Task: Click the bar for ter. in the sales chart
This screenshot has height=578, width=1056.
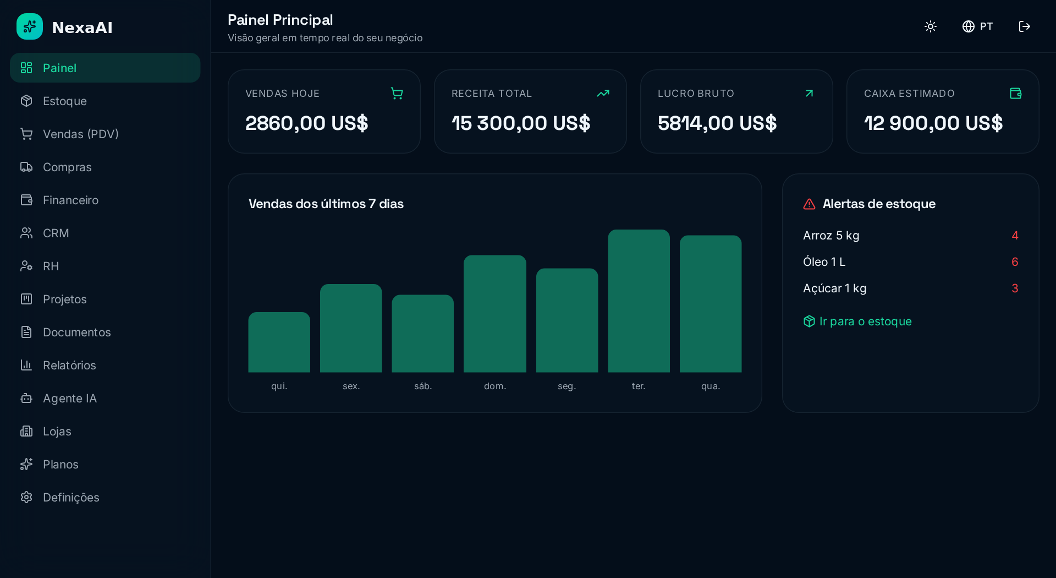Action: pos(639,301)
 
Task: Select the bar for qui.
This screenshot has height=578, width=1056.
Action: pos(279,342)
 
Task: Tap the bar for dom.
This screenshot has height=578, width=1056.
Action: pos(494,313)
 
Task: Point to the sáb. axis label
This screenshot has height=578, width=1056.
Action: pos(423,386)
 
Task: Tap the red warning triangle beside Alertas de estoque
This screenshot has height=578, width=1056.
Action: pos(809,204)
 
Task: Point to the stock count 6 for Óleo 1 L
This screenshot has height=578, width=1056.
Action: pos(1015,262)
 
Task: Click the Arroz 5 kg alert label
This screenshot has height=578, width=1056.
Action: pos(831,236)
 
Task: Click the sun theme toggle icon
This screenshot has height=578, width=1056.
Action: pos(931,26)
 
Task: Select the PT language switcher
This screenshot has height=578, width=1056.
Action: pos(977,26)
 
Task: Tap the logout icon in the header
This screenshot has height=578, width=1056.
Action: pos(1024,26)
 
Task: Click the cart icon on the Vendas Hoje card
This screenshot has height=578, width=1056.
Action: pos(397,94)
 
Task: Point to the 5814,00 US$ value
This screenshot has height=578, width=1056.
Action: pos(717,123)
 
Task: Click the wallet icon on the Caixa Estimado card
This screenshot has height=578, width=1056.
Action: pos(1015,94)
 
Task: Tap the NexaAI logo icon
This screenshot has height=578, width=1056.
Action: pos(30,26)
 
